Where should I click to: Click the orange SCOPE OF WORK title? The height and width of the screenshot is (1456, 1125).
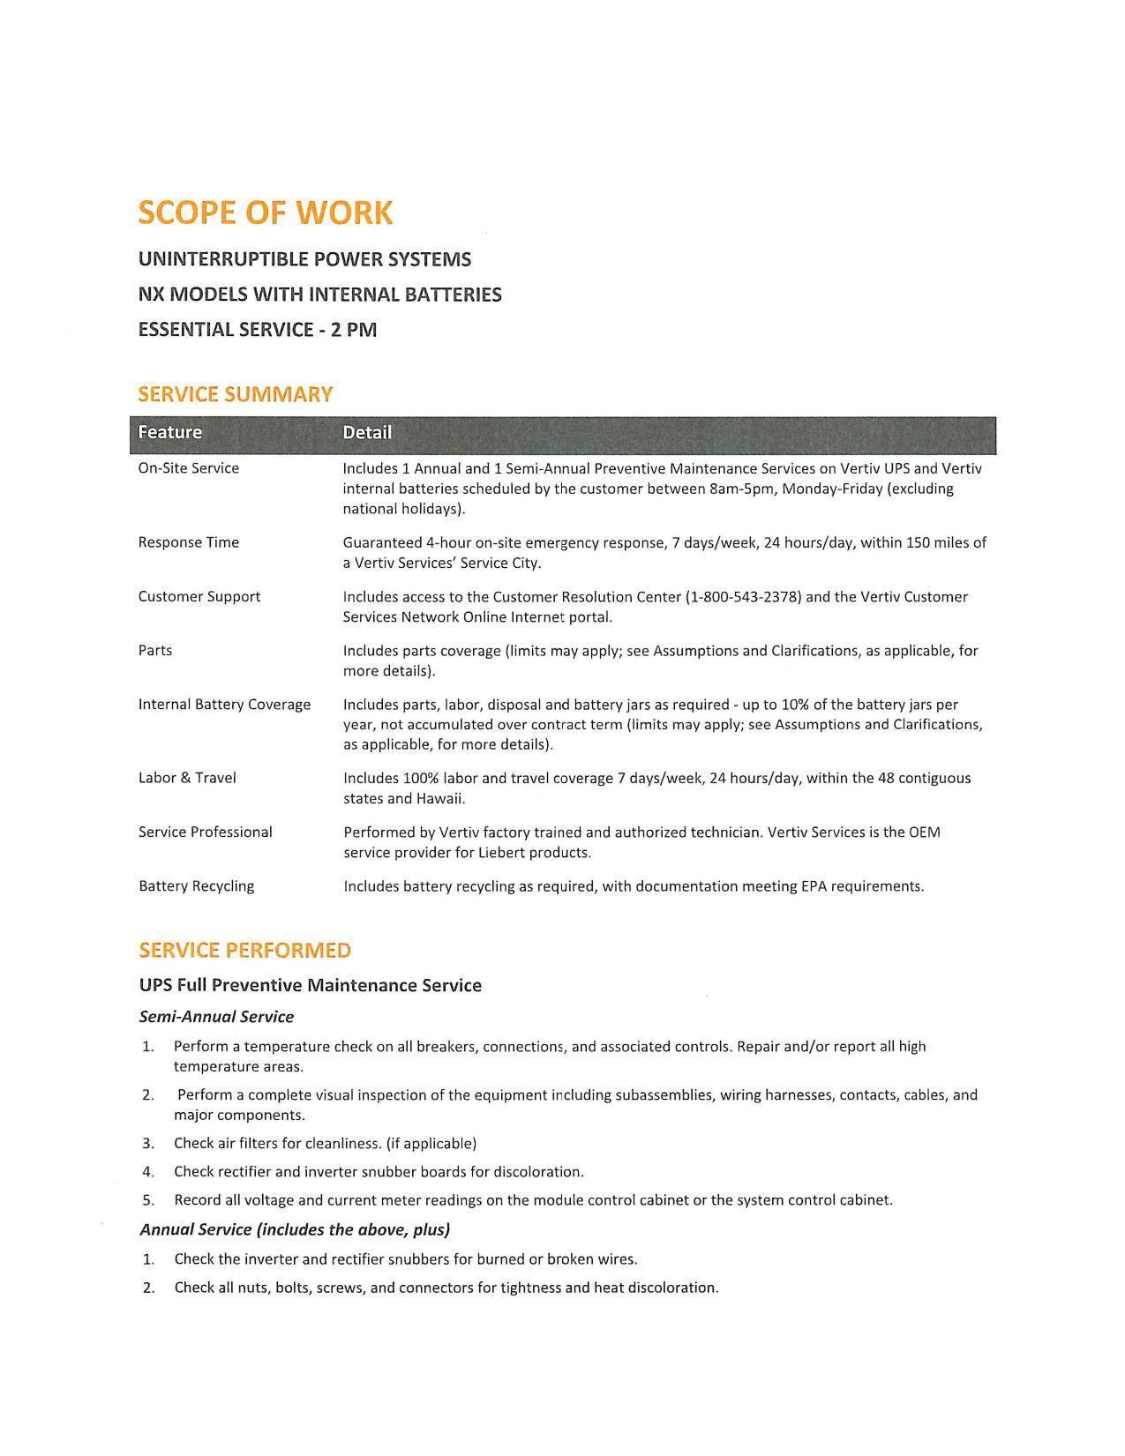[x=266, y=213]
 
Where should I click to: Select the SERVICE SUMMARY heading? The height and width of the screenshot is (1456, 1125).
[x=236, y=394]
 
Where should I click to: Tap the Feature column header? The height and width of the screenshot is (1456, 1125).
[x=170, y=432]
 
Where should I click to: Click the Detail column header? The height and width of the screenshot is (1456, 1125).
[x=367, y=432]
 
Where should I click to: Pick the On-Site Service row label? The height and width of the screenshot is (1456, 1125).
[x=189, y=468]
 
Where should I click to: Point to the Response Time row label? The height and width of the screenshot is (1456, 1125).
[x=189, y=542]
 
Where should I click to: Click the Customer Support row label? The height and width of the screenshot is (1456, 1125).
[x=199, y=596]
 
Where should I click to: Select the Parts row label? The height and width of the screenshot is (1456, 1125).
[x=155, y=650]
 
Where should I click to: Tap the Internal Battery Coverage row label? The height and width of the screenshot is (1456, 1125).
[x=225, y=704]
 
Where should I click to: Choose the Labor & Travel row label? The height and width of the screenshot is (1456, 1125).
[x=187, y=778]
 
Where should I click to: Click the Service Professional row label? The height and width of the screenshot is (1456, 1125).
[x=206, y=832]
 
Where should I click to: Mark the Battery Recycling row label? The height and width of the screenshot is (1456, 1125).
[x=197, y=885]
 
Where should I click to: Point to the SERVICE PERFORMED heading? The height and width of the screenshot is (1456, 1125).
[x=245, y=950]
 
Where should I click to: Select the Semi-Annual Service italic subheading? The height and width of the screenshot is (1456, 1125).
[x=217, y=1017]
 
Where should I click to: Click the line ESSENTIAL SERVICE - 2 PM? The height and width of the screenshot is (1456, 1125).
[x=258, y=330]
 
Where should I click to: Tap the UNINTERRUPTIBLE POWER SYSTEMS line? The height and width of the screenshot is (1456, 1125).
[x=305, y=259]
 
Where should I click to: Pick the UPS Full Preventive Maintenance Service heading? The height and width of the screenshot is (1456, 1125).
[x=311, y=985]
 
